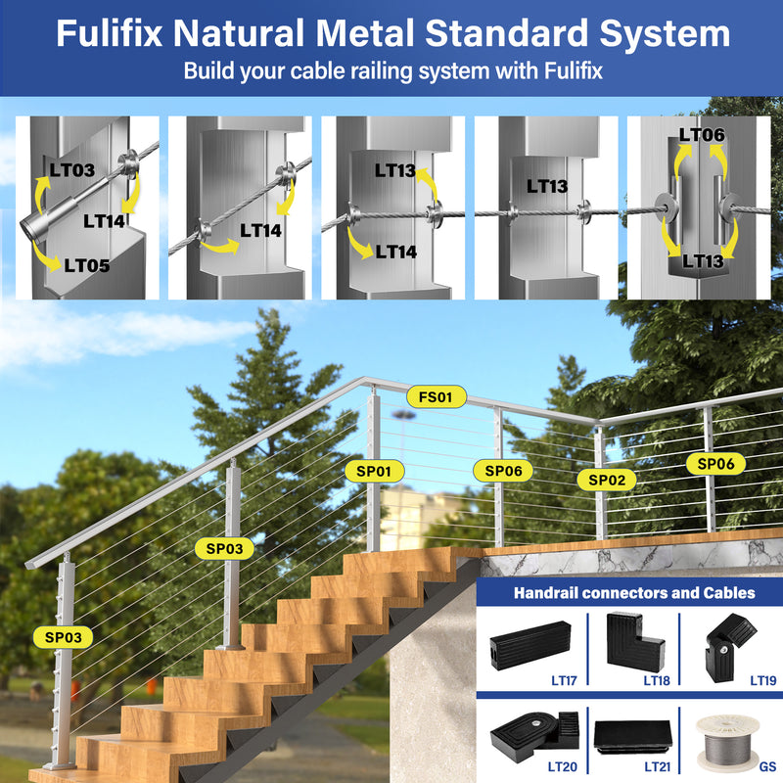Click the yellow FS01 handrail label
click(x=436, y=397)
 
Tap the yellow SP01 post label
click(x=374, y=471)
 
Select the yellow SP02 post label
click(x=607, y=480)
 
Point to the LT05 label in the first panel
click(x=87, y=265)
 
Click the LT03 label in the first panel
click(x=71, y=170)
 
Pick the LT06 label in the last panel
click(x=702, y=135)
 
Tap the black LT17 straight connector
click(x=530, y=645)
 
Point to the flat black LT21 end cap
click(x=633, y=737)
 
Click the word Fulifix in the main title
click(x=110, y=33)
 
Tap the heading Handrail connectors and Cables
click(x=634, y=593)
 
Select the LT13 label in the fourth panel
click(x=547, y=187)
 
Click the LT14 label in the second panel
click(x=260, y=231)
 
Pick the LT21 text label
click(x=657, y=766)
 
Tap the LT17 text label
click(x=564, y=680)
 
